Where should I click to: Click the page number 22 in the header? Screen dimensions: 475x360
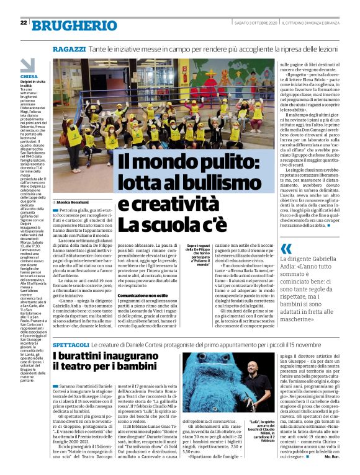click(23, 23)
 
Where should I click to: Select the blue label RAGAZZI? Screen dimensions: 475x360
click(69, 48)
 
